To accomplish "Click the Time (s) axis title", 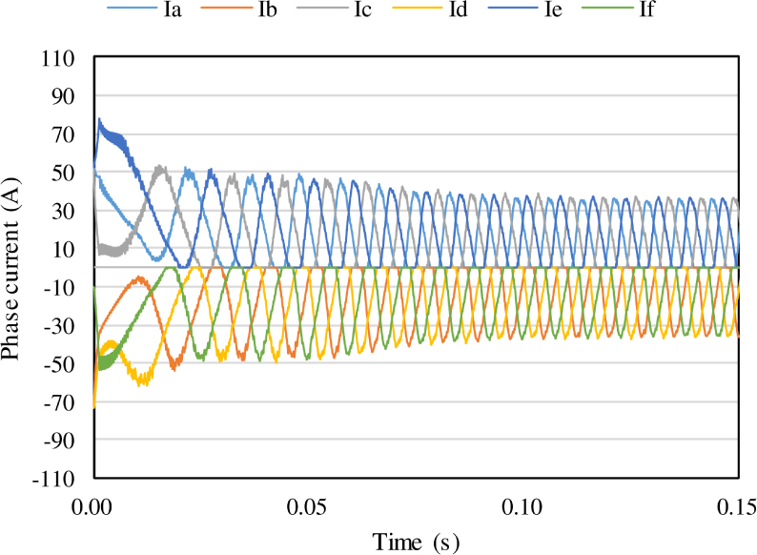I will pyautogui.click(x=416, y=542).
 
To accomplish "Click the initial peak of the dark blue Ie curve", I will pyautogui.click(x=99, y=120).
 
